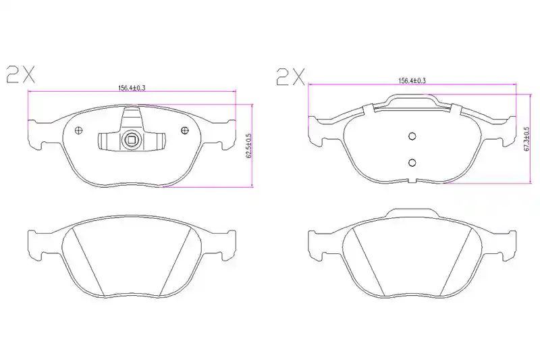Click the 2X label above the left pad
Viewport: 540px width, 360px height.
click(21, 74)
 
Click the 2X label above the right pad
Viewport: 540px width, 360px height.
click(290, 76)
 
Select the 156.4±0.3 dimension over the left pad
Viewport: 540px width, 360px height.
click(132, 88)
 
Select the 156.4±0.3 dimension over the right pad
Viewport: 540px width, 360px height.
click(412, 80)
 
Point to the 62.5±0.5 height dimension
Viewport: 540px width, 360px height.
click(249, 146)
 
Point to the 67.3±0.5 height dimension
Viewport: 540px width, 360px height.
click(527, 139)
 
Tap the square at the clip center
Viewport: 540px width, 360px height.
click(132, 140)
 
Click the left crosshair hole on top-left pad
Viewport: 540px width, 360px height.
click(79, 130)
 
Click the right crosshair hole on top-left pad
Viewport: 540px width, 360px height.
click(185, 130)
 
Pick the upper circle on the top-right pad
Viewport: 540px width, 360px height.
click(412, 136)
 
